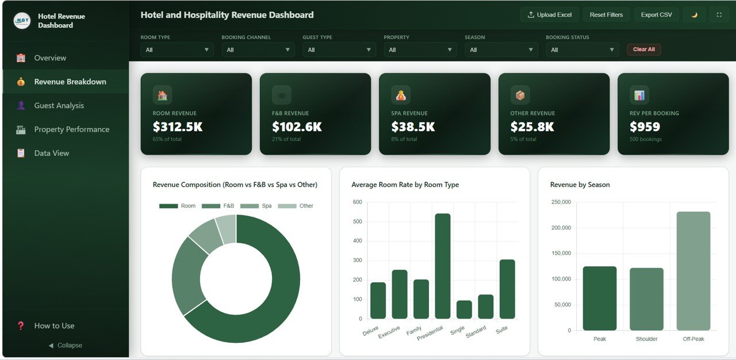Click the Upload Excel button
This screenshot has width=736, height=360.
tap(549, 15)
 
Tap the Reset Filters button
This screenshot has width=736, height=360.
tap(606, 15)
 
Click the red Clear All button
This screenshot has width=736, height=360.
tap(643, 49)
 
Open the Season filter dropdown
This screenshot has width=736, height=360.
tap(501, 50)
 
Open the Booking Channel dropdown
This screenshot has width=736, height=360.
tap(258, 50)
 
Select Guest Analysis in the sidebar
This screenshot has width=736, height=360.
tap(59, 106)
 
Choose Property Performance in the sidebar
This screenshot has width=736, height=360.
tap(71, 129)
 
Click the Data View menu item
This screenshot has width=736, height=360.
tap(51, 154)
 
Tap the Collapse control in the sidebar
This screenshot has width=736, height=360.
tap(65, 346)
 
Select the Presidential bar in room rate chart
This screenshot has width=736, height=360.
tap(443, 266)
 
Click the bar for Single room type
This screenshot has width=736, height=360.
tap(464, 309)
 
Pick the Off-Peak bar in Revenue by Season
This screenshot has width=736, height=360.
tap(693, 271)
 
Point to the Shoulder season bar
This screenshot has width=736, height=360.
tap(646, 299)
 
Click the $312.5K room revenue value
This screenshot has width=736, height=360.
tap(178, 127)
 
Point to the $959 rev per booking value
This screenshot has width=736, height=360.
tap(645, 127)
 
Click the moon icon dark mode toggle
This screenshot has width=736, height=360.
tap(694, 15)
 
